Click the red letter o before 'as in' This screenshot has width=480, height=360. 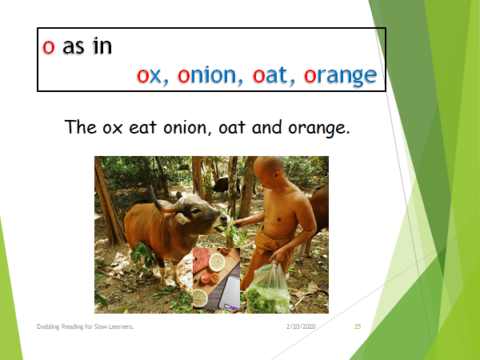pos(49,46)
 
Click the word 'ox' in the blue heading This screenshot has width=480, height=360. pos(149,75)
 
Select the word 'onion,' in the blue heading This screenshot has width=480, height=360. pos(209,75)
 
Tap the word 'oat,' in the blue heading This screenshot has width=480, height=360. pos(274,75)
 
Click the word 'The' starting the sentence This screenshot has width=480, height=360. pos(81,127)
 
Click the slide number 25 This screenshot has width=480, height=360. pos(357,328)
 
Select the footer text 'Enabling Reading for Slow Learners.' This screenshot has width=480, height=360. pos(84,328)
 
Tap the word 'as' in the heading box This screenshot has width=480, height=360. pos(74,46)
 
